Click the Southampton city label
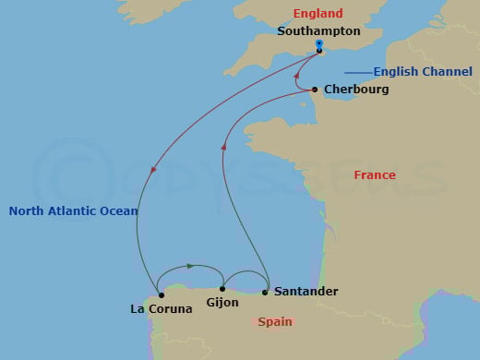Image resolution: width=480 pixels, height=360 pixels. [318, 30]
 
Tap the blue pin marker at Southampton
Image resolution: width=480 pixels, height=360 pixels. [318, 44]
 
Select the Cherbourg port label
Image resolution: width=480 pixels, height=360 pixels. [356, 90]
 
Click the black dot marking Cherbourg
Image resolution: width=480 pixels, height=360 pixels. [315, 90]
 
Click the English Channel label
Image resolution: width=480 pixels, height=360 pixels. [417, 72]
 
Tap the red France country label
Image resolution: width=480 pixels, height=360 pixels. [375, 175]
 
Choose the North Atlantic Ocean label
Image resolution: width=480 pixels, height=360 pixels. [73, 211]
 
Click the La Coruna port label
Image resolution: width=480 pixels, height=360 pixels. [162, 309]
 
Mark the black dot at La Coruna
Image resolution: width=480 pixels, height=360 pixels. [162, 295]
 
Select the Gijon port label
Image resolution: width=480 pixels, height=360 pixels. [223, 303]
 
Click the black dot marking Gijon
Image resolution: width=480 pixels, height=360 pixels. [222, 289]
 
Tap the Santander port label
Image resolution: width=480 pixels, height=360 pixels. [306, 292]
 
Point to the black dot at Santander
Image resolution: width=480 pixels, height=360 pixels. [266, 293]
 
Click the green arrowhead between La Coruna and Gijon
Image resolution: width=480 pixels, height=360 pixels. [190, 266]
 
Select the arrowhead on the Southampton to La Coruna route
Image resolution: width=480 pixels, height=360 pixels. [153, 167]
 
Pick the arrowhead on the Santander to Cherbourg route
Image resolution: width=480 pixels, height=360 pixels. [224, 144]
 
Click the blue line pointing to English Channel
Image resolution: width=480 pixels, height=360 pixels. [356, 72]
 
